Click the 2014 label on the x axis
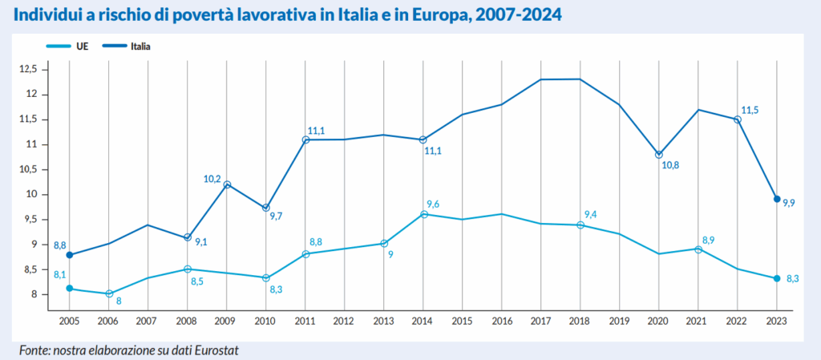point(423,321)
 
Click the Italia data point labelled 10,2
point(227,184)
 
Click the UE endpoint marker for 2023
point(777,278)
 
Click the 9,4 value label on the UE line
point(591,214)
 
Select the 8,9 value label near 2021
point(708,239)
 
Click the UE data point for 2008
point(188,269)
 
